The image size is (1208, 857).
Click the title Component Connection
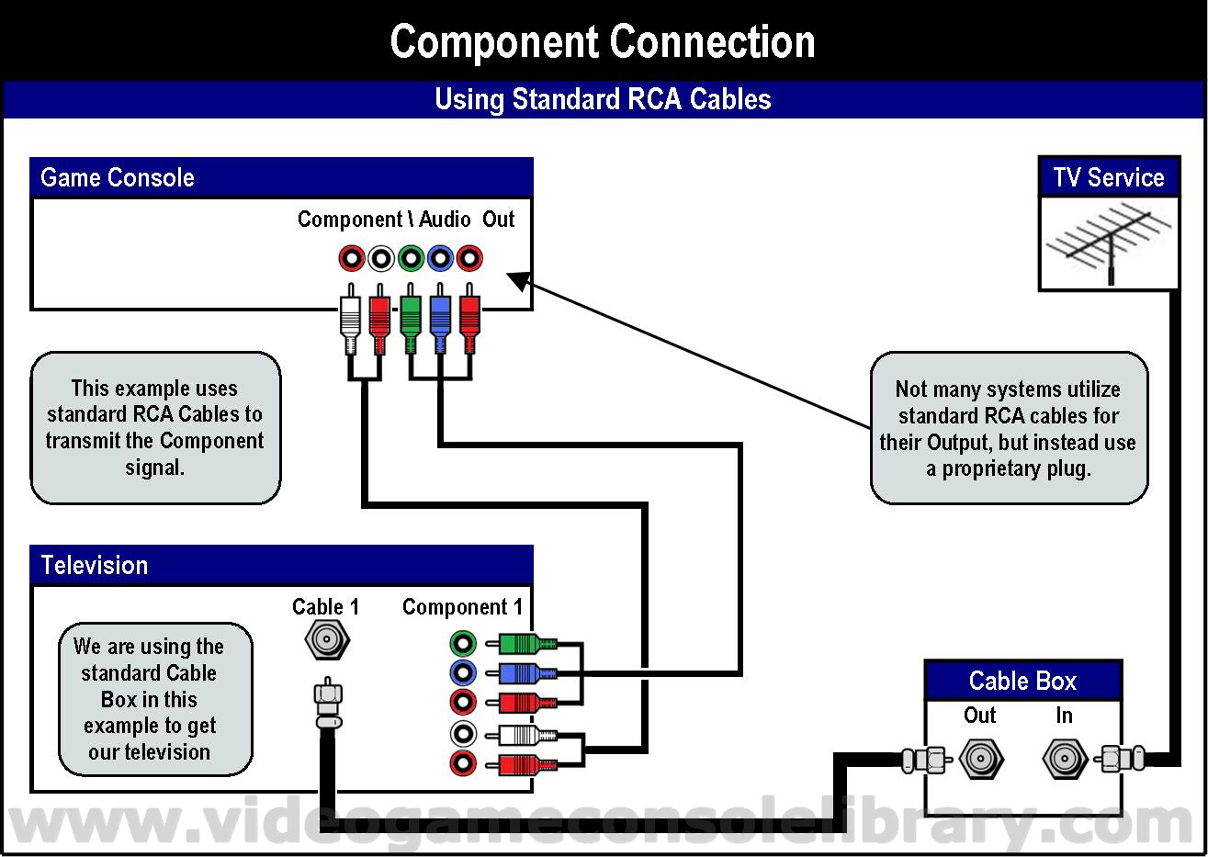[x=603, y=41]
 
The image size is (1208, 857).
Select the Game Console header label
[x=118, y=177]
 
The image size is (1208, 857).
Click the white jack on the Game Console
[x=381, y=258]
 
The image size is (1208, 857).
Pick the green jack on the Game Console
[x=411, y=258]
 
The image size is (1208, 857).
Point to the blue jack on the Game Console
[x=440, y=258]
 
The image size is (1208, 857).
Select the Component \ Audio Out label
[x=405, y=220]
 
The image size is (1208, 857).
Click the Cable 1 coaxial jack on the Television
[x=325, y=639]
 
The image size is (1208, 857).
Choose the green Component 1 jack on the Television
[x=463, y=643]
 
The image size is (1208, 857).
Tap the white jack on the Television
[x=463, y=734]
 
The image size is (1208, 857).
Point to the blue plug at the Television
[x=524, y=673]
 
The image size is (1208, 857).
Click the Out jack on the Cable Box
[x=980, y=759]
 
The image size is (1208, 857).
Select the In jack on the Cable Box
[x=1064, y=759]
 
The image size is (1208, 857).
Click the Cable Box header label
[x=1022, y=681]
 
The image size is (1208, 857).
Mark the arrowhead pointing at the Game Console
[x=519, y=279]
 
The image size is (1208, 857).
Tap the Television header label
[x=95, y=565]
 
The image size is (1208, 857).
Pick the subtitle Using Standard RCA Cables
[x=603, y=99]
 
